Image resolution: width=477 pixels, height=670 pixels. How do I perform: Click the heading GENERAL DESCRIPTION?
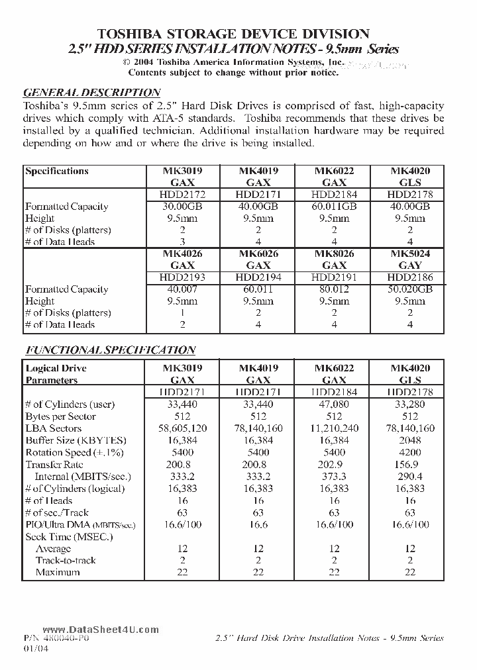(x=91, y=93)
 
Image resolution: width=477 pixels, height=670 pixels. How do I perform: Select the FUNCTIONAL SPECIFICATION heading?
(x=110, y=350)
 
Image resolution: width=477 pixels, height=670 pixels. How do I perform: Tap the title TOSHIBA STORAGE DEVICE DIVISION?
(x=234, y=34)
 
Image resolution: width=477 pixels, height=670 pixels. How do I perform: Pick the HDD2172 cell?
(x=182, y=195)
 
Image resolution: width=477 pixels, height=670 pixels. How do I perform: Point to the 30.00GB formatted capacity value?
(x=182, y=207)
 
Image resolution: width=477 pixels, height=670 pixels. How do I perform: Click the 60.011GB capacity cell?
(x=334, y=207)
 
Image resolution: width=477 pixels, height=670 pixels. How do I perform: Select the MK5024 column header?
(x=410, y=254)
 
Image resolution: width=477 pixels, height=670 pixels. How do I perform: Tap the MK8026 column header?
(x=334, y=254)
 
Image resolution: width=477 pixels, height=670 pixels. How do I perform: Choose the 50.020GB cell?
(x=410, y=289)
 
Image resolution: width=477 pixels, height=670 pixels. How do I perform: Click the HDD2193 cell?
(x=182, y=277)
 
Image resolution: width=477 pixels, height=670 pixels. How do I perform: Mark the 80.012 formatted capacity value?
(x=334, y=289)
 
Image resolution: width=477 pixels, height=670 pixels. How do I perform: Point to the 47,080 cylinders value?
(x=334, y=405)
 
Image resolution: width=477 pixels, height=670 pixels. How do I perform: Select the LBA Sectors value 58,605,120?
(x=182, y=428)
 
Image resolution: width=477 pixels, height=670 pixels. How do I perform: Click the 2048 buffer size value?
(x=410, y=440)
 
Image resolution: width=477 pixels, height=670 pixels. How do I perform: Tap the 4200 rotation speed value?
(x=410, y=452)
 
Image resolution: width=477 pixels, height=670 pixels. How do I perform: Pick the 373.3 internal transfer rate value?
(x=334, y=477)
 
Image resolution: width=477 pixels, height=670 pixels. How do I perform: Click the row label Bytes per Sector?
(x=60, y=416)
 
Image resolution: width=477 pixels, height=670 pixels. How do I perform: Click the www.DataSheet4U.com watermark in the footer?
(x=101, y=630)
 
